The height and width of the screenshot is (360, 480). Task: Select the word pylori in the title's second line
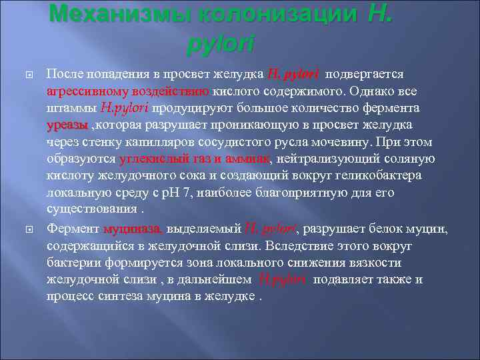[221, 43]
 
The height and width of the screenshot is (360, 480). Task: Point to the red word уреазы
[67, 125]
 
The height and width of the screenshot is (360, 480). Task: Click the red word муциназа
[132, 229]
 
